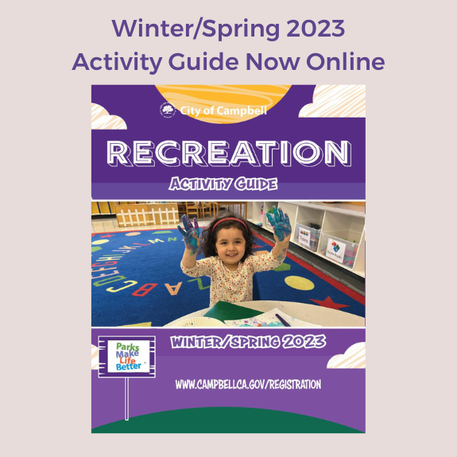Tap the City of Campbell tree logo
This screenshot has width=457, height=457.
pos(168,110)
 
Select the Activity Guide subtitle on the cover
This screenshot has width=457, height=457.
pos(223,185)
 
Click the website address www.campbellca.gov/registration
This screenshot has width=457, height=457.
pos(247,384)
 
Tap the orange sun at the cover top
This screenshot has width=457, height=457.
pos(228,96)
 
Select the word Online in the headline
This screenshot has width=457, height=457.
pos(345,61)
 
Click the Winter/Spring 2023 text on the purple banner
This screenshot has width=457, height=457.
pos(246,344)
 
